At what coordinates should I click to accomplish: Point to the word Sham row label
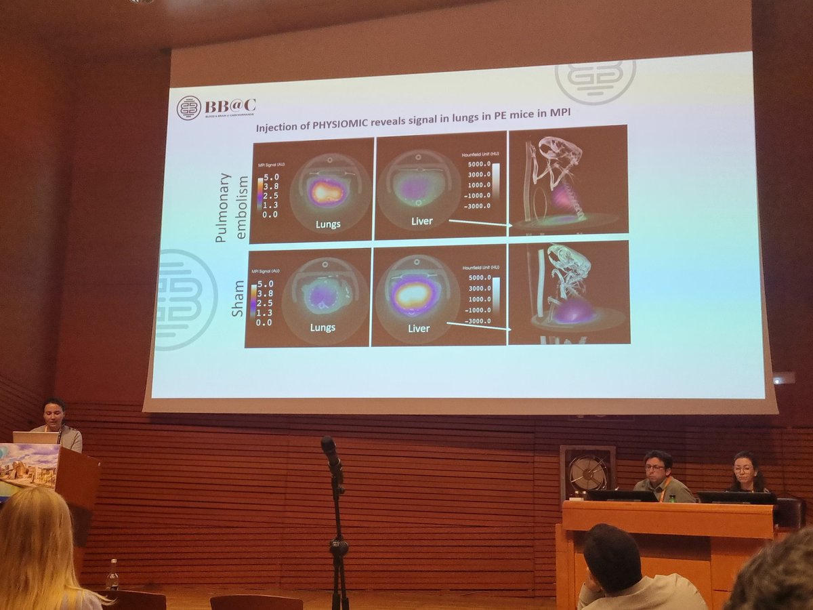pyautogui.click(x=238, y=298)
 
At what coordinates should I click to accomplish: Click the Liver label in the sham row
pyautogui.click(x=419, y=329)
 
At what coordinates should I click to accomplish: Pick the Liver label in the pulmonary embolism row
pyautogui.click(x=421, y=221)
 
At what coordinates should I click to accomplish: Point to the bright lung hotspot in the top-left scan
pyautogui.click(x=327, y=191)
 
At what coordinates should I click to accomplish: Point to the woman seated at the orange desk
pyautogui.click(x=746, y=472)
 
